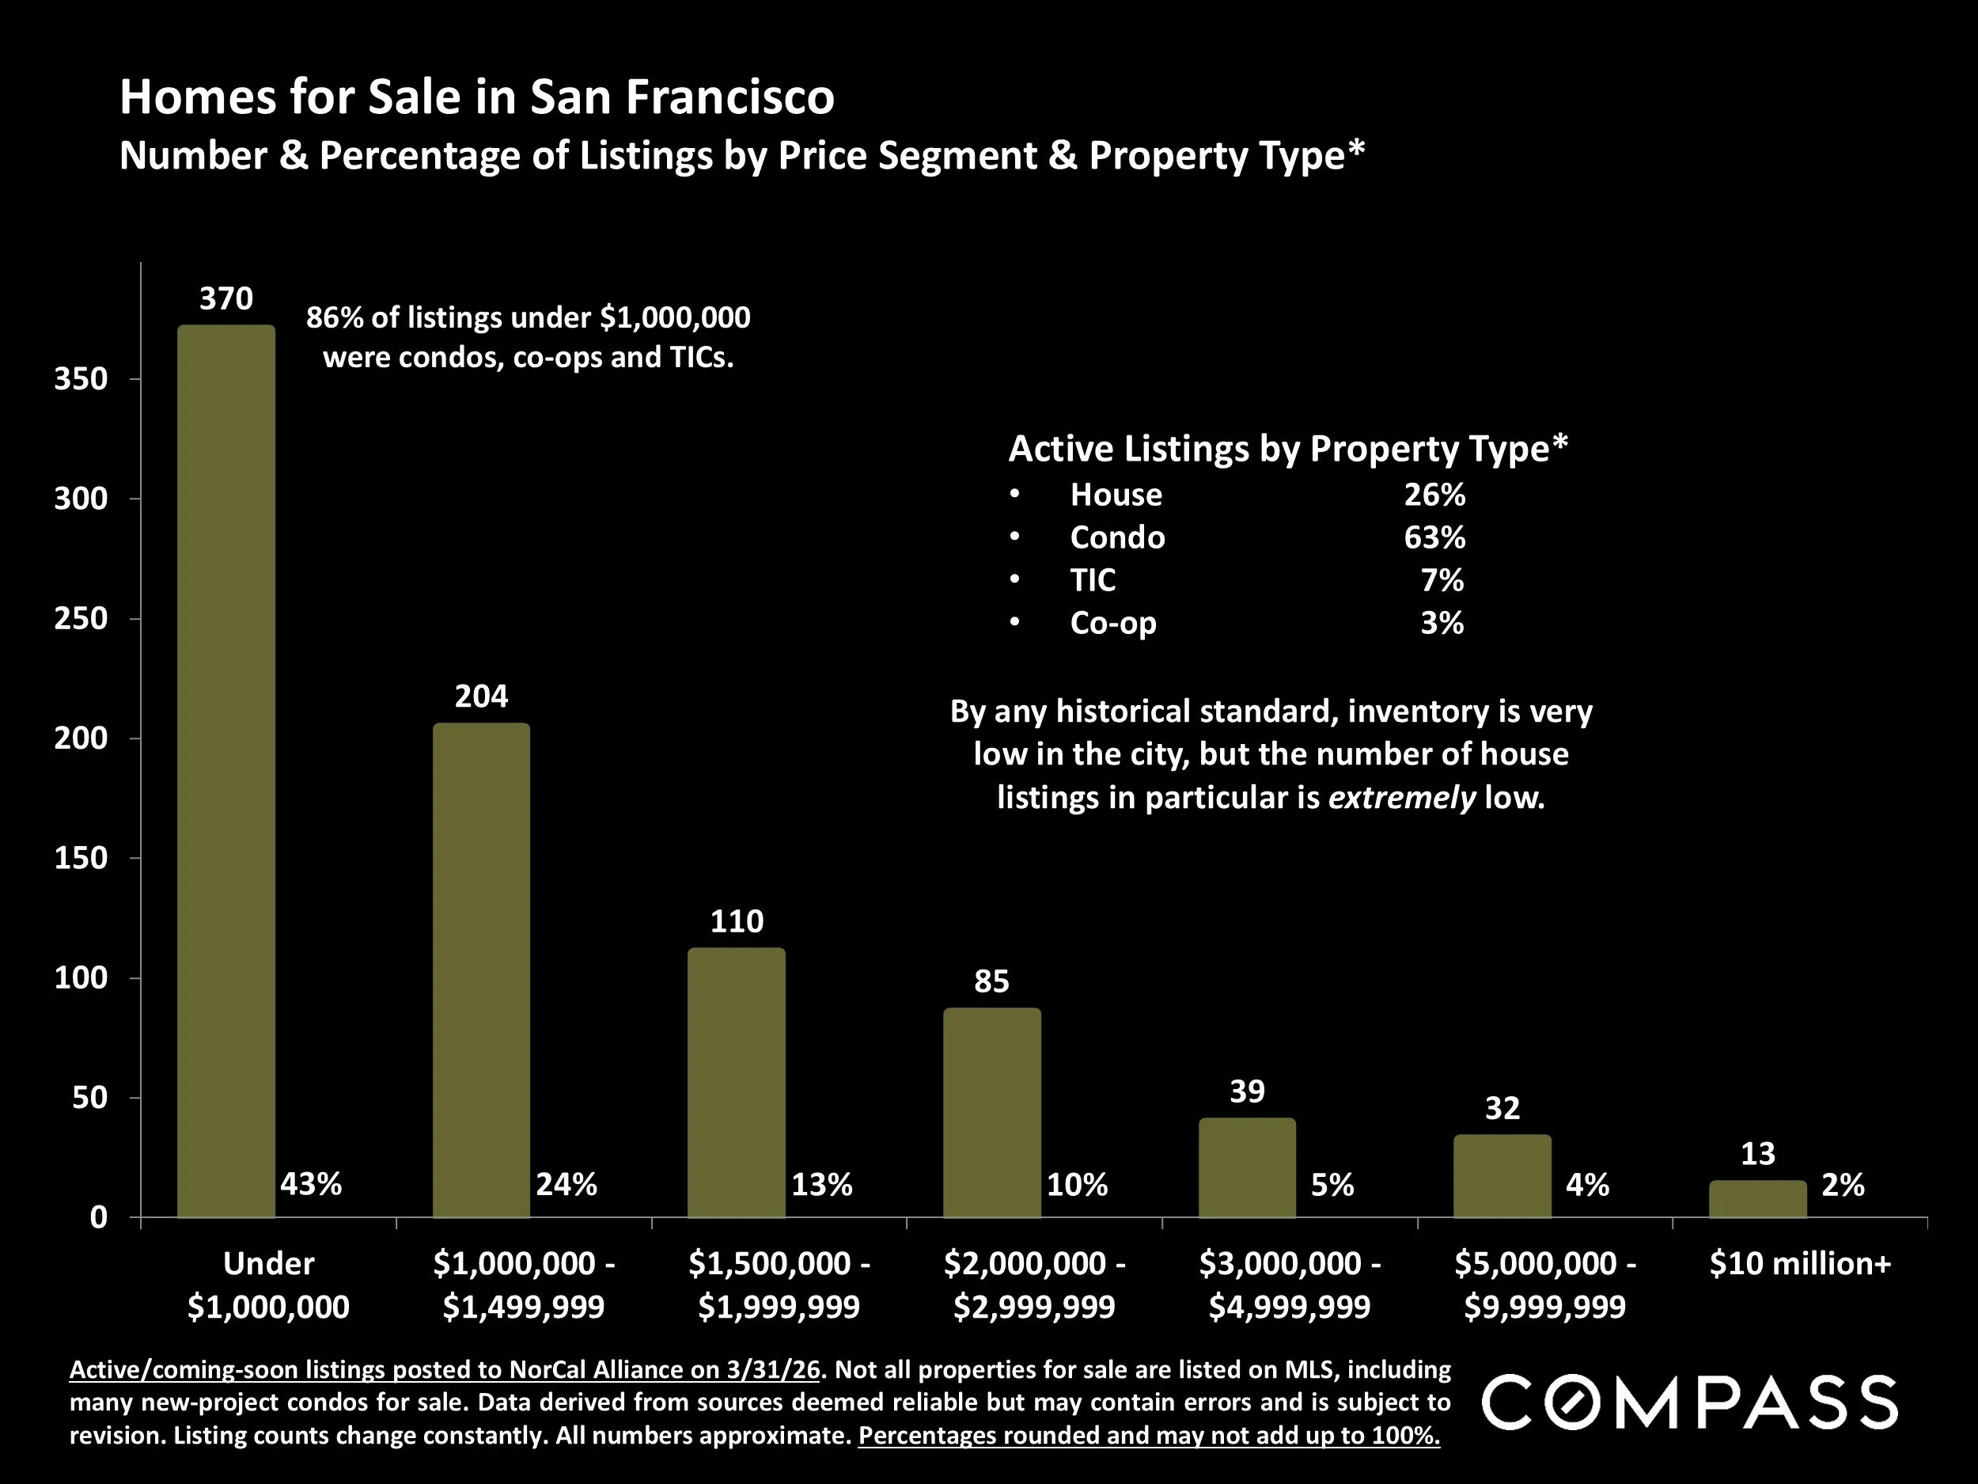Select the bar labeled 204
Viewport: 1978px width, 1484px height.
click(481, 970)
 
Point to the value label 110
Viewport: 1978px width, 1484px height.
click(736, 921)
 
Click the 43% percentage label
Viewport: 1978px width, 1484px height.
click(310, 1184)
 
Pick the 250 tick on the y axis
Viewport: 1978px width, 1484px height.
click(81, 618)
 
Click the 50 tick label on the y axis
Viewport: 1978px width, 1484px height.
click(89, 1098)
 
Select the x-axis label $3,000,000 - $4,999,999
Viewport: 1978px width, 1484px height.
click(1289, 1285)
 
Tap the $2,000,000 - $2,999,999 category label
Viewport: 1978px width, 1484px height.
click(1034, 1285)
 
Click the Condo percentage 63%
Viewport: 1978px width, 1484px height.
click(1434, 537)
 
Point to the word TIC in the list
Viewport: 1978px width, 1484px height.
click(1093, 579)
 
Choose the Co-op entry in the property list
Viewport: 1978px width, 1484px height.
click(1112, 623)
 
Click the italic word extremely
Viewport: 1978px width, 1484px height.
click(1401, 797)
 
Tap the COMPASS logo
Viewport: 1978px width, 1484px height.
click(1689, 1402)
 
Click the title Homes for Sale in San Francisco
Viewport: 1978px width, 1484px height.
click(476, 97)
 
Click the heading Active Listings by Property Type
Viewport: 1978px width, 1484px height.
click(1287, 448)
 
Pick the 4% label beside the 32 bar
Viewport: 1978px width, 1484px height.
click(1587, 1184)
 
